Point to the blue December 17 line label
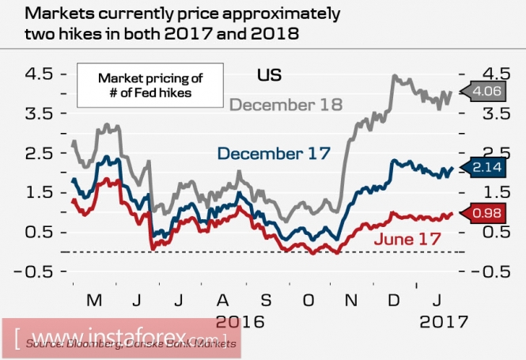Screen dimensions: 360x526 click(x=273, y=153)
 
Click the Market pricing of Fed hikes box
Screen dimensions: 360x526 click(x=150, y=85)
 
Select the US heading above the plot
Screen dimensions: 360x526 click(x=270, y=76)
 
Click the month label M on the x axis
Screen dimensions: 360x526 click(x=95, y=301)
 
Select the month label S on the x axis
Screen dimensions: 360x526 click(x=265, y=301)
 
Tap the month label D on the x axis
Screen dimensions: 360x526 click(x=393, y=301)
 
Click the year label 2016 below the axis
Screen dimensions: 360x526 click(x=240, y=322)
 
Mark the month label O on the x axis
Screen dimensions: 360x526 click(x=308, y=301)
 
